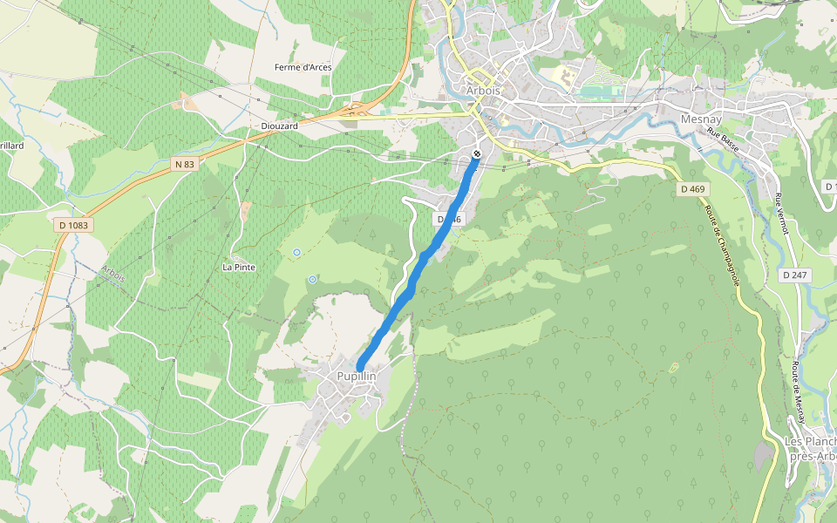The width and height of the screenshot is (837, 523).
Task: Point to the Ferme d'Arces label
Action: [303, 67]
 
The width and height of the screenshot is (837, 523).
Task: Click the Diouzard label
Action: [279, 126]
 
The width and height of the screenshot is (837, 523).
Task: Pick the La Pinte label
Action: [239, 267]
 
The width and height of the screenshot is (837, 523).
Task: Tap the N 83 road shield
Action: [184, 164]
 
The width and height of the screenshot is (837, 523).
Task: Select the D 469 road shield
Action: [694, 188]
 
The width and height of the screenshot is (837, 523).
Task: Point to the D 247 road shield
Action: [793, 275]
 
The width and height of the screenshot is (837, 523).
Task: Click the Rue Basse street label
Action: [723, 141]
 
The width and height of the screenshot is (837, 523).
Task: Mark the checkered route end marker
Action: [477, 154]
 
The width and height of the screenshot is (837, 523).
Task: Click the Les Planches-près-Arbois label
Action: [811, 448]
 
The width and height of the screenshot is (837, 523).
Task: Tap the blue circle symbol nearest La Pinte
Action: [296, 252]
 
